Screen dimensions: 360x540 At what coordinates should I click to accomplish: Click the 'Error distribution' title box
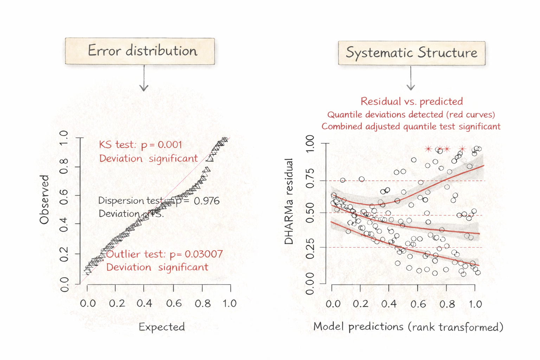coord(140,51)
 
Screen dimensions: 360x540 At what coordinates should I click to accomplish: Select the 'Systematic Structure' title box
coord(411,53)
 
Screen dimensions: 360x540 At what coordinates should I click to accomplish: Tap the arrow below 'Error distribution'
coord(144,79)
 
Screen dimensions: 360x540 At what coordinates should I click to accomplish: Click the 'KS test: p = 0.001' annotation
coord(140,144)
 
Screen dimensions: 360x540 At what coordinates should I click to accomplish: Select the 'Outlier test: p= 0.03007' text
coord(164,254)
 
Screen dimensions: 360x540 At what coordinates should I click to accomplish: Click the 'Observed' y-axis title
coord(44,199)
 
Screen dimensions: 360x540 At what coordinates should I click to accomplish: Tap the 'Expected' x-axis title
coord(162,327)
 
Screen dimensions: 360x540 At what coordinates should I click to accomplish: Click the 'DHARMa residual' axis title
coord(289,201)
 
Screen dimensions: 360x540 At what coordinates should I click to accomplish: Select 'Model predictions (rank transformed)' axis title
coord(408,327)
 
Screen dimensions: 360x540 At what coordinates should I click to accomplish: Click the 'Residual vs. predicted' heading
coord(411,102)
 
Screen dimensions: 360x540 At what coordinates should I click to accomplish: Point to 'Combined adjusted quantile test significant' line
coord(411,127)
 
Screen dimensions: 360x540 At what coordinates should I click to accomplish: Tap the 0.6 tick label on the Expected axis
coord(174,303)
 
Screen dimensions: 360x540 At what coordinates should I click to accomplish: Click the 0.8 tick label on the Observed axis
coord(64,166)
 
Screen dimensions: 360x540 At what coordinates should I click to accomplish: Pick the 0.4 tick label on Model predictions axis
coord(389,304)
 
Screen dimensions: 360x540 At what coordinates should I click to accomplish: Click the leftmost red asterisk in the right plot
coord(428,149)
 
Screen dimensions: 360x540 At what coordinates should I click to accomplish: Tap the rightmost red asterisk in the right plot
coord(462,149)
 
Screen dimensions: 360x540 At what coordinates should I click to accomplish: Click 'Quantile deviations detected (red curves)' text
coord(411,115)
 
